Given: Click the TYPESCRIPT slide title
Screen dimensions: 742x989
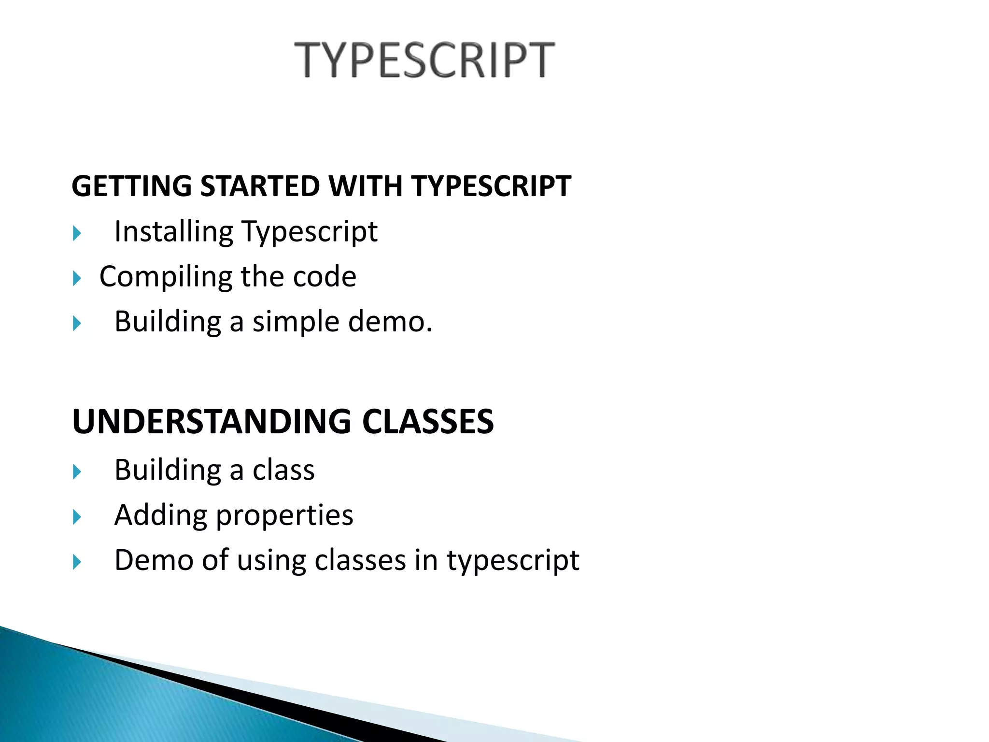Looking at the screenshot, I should pos(424,60).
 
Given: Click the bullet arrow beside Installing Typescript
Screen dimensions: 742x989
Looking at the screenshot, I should pos(77,234).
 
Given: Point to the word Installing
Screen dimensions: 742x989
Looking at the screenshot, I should pos(173,232).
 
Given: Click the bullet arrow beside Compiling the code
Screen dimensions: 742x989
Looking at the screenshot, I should pos(77,278).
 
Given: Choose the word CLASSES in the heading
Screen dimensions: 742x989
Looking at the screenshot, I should pos(428,422).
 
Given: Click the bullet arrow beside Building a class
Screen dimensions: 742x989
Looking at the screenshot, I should pos(77,472).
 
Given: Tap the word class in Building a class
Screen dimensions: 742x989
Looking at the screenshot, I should pos(283,470).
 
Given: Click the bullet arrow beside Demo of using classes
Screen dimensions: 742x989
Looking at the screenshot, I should pos(77,562).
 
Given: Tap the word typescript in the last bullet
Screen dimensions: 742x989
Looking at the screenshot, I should pos(512,561).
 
